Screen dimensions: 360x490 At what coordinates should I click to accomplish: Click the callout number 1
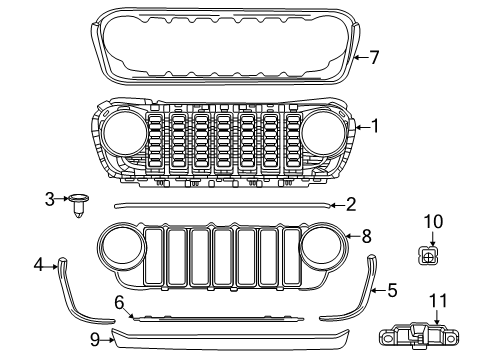coord(374,126)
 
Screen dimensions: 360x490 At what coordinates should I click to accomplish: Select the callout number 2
coord(351,205)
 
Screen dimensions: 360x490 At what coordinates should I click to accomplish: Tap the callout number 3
coord(49,199)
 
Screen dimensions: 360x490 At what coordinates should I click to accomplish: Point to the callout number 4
coord(39,265)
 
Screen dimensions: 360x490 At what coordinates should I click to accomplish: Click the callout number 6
coord(118,300)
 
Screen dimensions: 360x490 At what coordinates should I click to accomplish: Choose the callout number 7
coord(374,57)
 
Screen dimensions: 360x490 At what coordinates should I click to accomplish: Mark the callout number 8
coord(367,236)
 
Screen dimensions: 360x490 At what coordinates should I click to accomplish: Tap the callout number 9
coord(94,339)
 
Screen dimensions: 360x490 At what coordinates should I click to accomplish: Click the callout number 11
coord(438,299)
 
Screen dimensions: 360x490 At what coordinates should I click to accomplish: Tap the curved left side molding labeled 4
coord(80,295)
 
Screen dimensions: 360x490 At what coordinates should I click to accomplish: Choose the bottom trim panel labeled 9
coord(230,337)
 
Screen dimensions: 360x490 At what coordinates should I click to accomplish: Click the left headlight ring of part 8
coord(124,248)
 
